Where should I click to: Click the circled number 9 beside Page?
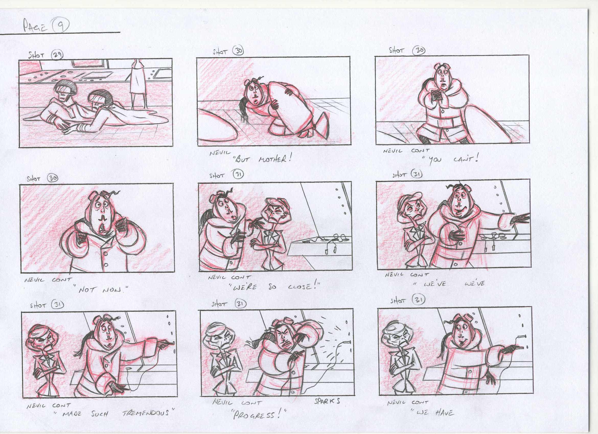[x=61, y=26]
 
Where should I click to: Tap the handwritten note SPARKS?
[x=327, y=401]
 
